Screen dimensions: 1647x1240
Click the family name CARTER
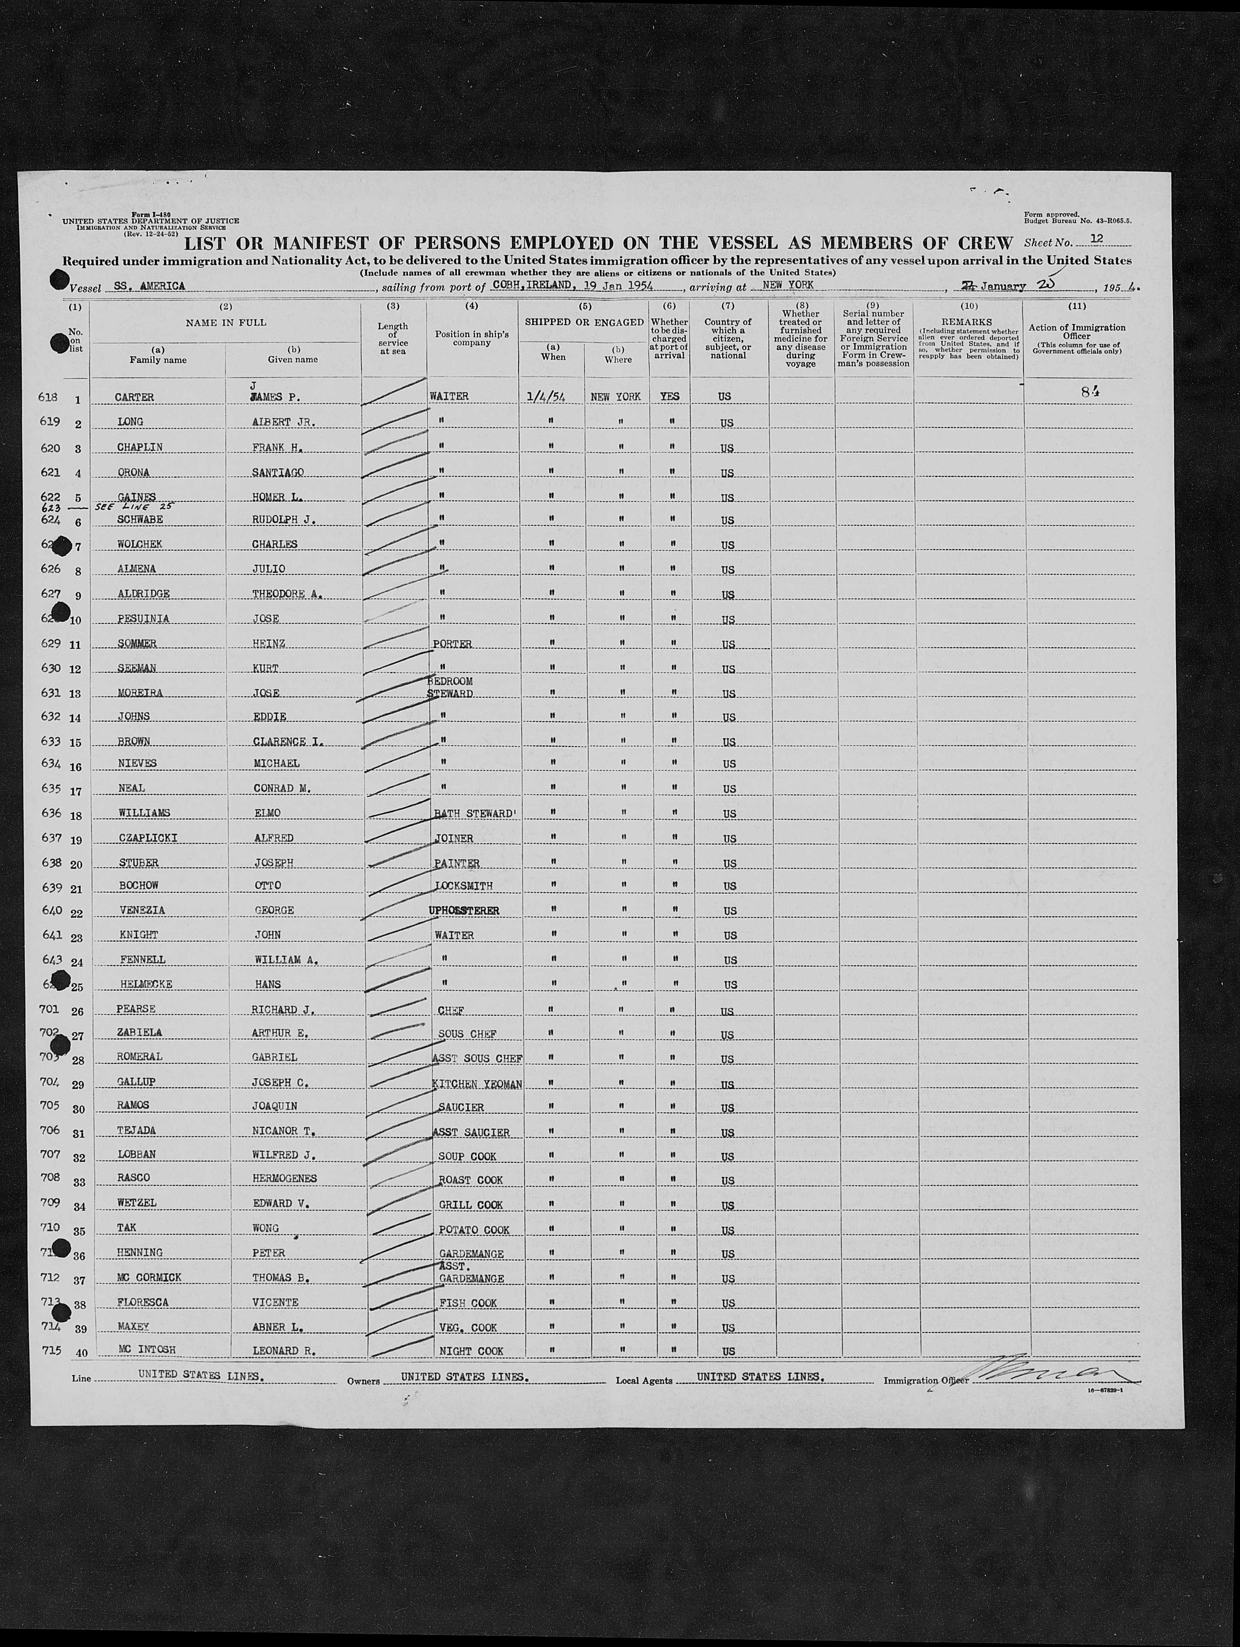134,397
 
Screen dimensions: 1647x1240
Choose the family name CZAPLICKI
148,838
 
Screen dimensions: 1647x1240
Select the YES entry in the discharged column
670,397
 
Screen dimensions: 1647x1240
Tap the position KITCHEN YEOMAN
476,1084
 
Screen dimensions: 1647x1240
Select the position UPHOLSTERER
463,911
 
